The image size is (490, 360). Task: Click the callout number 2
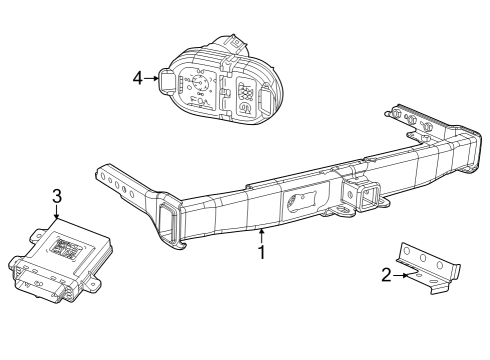click(386, 275)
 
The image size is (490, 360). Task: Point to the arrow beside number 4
click(151, 76)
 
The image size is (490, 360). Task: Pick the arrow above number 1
click(262, 234)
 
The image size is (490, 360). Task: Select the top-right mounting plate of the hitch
click(420, 121)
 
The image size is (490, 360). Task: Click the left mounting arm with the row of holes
click(120, 181)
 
